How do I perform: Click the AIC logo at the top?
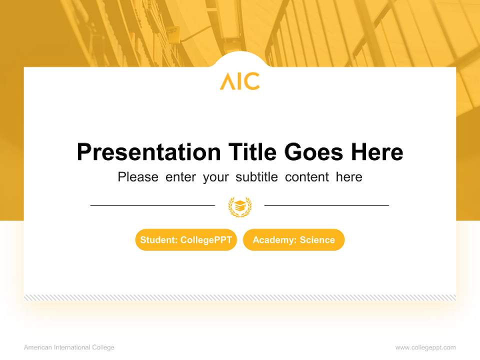click(239, 81)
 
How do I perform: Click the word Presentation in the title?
click(148, 152)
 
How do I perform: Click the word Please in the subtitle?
click(138, 177)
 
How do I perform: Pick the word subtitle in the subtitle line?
click(257, 177)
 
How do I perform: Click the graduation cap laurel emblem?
click(239, 206)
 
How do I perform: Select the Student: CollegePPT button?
click(186, 240)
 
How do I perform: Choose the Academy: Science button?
click(293, 240)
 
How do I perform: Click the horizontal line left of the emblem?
click(152, 205)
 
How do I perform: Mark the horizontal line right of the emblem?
click(326, 205)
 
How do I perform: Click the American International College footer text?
click(69, 347)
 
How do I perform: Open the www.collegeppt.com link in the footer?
click(425, 347)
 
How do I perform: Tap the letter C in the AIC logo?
click(252, 81)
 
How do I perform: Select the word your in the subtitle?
click(215, 177)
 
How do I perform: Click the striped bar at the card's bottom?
click(240, 297)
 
